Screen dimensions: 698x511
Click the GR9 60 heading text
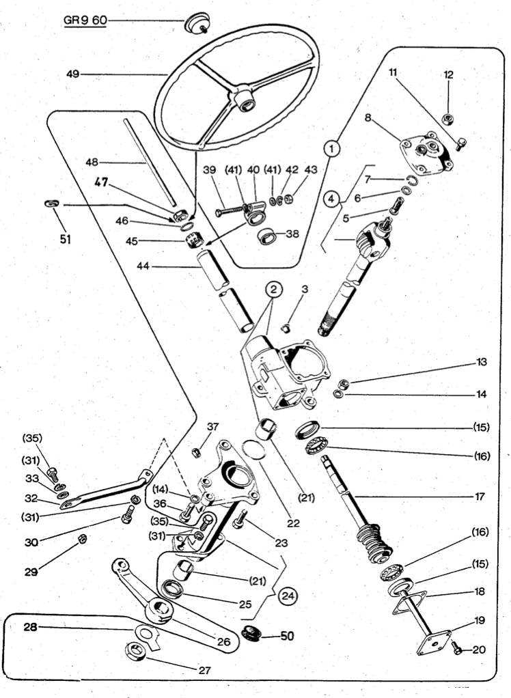tap(85, 20)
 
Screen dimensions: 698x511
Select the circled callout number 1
tap(332, 148)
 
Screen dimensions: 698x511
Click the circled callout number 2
tap(273, 291)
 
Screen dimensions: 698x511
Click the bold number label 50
tap(286, 636)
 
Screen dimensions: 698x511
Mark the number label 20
tap(478, 650)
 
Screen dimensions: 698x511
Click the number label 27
tap(204, 670)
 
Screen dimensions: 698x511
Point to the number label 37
tap(213, 427)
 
